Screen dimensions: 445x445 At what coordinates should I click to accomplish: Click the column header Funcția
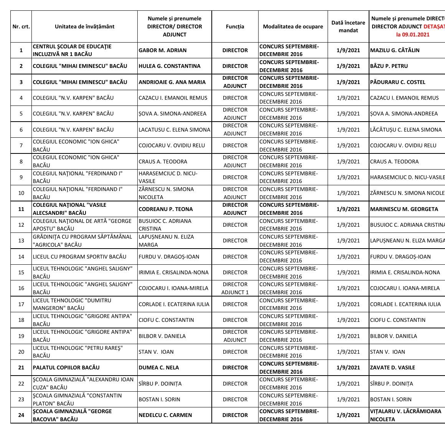[235, 26]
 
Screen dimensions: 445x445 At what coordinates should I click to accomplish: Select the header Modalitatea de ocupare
[293, 26]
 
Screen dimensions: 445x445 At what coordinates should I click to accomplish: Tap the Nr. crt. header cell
[21, 26]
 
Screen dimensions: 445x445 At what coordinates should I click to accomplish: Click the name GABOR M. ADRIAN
[163, 50]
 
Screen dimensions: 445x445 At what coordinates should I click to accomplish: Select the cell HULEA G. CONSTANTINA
[170, 66]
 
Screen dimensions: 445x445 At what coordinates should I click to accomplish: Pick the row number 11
[21, 209]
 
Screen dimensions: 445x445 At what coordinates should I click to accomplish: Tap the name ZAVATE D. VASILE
[392, 368]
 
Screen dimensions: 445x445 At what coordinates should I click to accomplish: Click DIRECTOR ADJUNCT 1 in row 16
[235, 288]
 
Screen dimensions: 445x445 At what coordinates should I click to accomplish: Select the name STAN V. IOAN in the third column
[156, 352]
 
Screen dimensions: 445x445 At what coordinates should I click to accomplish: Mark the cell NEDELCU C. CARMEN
[165, 415]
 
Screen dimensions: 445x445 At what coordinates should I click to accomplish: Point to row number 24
[21, 415]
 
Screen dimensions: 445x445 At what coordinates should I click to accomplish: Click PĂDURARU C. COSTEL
[398, 82]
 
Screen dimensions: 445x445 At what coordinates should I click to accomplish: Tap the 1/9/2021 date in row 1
[348, 50]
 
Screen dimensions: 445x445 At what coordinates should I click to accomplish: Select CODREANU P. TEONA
[166, 209]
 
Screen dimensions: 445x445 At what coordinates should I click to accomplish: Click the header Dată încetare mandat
[348, 26]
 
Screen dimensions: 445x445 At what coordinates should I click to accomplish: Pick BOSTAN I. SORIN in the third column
[160, 399]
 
